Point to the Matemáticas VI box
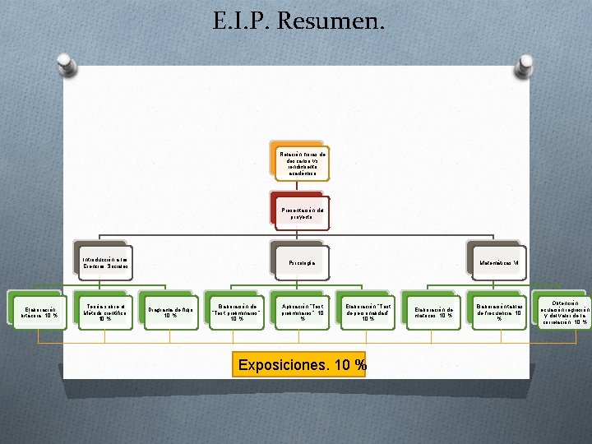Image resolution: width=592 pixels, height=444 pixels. pyautogui.click(x=497, y=261)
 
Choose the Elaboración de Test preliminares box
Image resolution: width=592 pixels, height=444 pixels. pyautogui.click(x=236, y=310)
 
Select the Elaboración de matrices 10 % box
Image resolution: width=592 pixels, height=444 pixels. pyautogui.click(x=433, y=310)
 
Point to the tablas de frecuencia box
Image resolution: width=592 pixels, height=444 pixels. pyautogui.click(x=498, y=310)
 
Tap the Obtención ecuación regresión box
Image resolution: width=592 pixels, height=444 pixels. pyautogui.click(x=563, y=310)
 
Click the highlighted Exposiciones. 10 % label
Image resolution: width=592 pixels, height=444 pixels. pyautogui.click(x=301, y=364)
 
